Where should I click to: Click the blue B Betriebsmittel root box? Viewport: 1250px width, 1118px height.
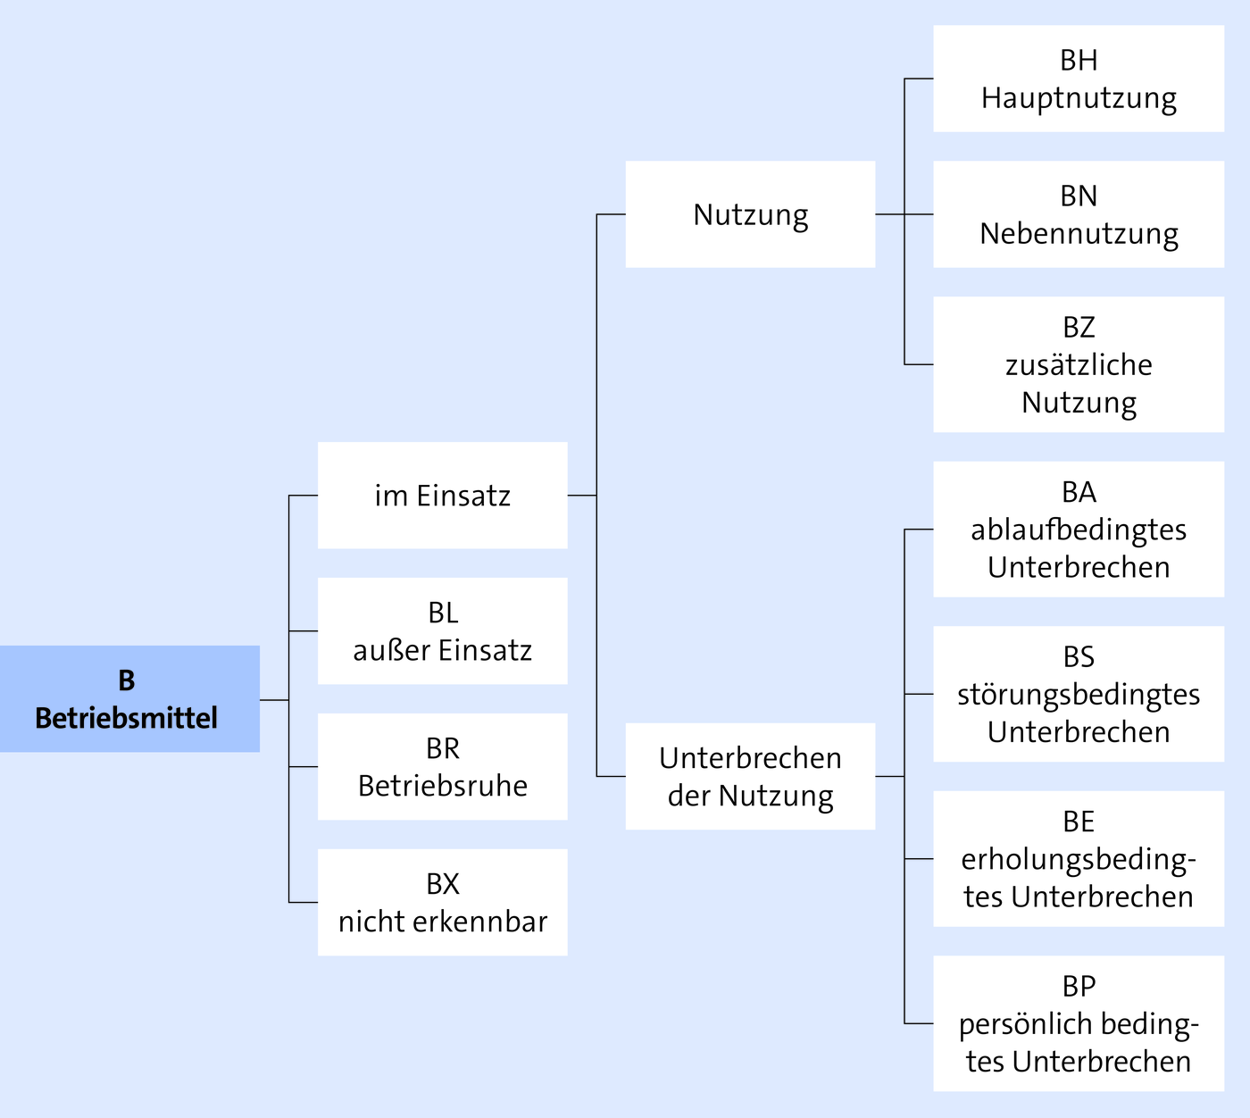click(129, 698)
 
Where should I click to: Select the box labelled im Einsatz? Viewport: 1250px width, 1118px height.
click(442, 496)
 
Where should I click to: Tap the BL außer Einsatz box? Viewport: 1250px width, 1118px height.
click(442, 631)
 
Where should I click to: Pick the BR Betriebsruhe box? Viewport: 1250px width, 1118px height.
click(442, 767)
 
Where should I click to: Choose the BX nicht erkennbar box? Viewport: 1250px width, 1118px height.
click(442, 903)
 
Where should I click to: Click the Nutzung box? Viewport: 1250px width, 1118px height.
click(750, 214)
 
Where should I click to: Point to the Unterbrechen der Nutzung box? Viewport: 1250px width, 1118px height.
click(750, 776)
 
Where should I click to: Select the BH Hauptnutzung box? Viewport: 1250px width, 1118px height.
click(1079, 79)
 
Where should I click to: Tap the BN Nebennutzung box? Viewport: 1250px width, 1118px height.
click(1079, 214)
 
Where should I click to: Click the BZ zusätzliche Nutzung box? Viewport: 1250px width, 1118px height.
click(1079, 364)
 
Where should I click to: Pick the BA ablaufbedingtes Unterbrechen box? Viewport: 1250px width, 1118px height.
click(1079, 530)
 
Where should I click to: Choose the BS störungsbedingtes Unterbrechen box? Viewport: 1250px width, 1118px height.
click(1079, 694)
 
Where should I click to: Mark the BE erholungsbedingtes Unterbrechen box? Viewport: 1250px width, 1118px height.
click(1079, 859)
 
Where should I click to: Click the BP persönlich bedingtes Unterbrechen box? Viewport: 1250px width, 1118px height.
click(1079, 1023)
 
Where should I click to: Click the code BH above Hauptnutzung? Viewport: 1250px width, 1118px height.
click(1079, 61)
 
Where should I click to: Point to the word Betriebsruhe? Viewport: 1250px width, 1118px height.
click(443, 786)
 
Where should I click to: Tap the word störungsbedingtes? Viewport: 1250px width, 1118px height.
click(1079, 695)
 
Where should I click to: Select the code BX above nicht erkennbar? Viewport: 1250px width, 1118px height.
click(443, 884)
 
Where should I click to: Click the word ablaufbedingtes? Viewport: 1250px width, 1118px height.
click(1079, 530)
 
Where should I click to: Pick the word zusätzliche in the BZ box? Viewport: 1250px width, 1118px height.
click(1079, 365)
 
